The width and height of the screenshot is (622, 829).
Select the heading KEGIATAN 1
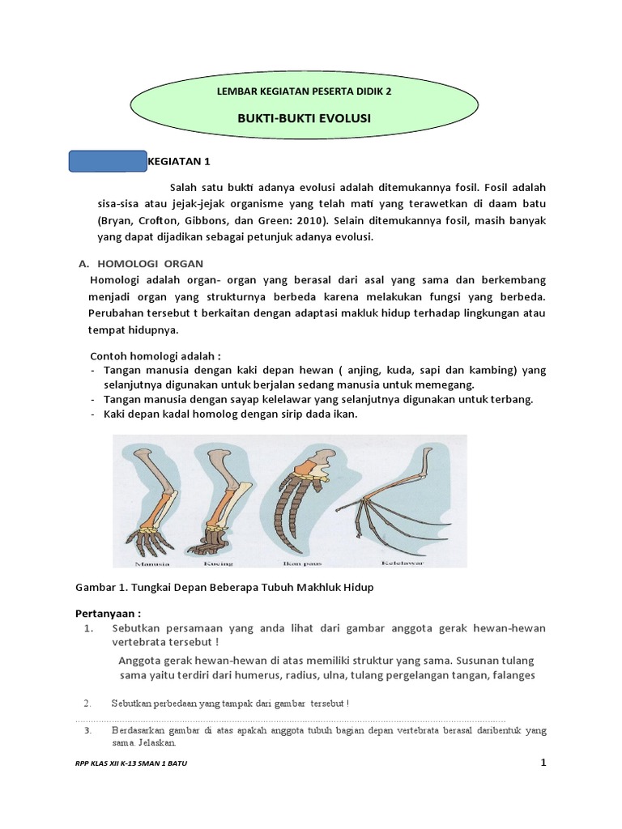pyautogui.click(x=181, y=161)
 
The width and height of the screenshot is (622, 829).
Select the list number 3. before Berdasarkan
pyautogui.click(x=88, y=730)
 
